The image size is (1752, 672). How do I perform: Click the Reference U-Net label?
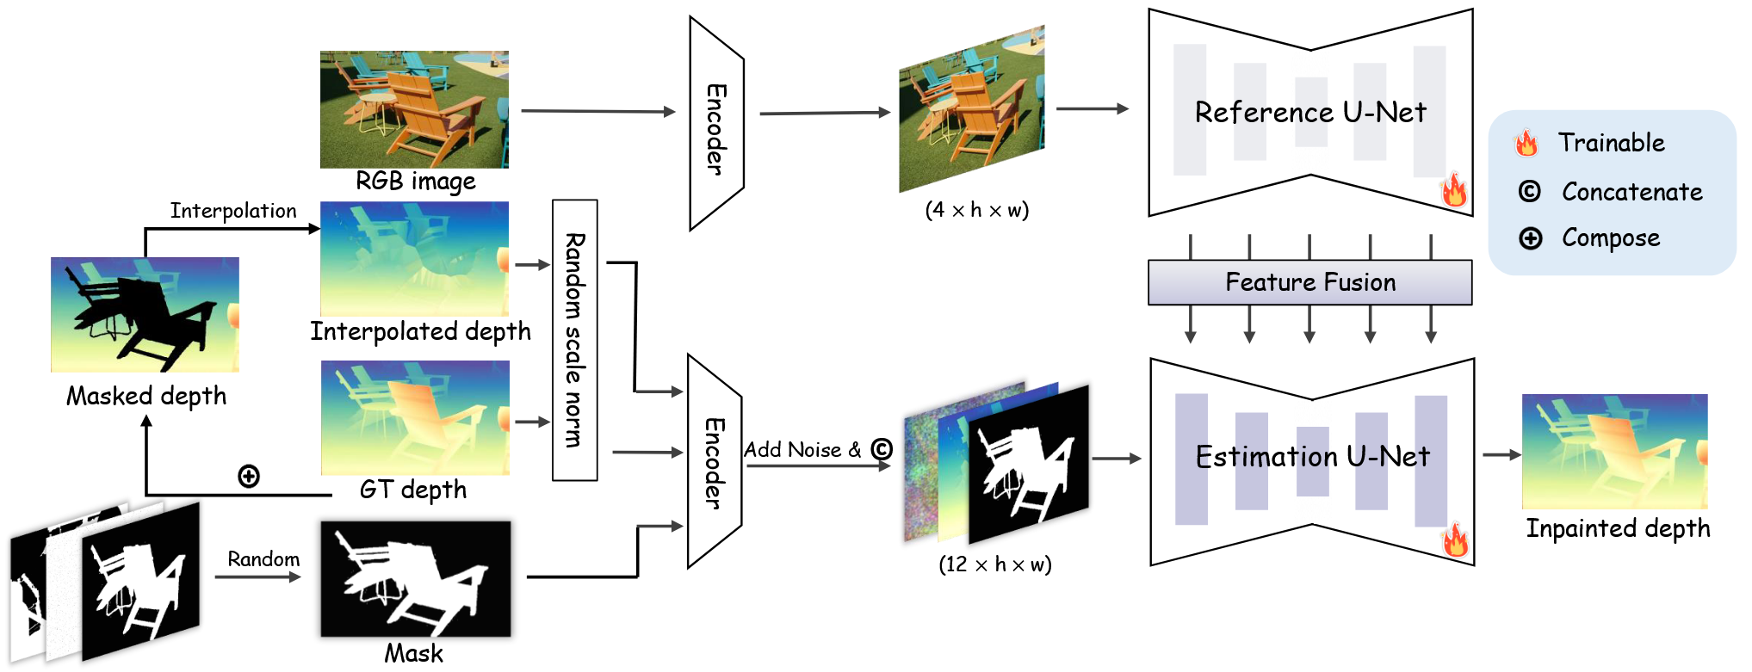pos(1310,112)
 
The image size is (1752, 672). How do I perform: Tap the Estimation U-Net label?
pos(1312,456)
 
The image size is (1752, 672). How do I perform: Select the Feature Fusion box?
pos(1309,282)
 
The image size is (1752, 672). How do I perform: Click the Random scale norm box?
pos(575,340)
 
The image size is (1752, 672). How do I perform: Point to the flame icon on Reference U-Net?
pos(1454,189)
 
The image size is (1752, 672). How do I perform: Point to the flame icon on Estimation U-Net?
pos(1455,539)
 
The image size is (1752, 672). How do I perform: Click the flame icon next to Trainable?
pos(1526,143)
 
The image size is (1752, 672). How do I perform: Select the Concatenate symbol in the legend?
pos(1529,191)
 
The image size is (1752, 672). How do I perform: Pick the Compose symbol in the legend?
pos(1530,238)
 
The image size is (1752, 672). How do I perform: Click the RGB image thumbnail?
pos(414,109)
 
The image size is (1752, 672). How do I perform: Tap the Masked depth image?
pos(145,314)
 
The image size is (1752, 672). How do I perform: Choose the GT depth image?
pos(415,417)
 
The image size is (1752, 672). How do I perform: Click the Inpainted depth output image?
pos(1614,451)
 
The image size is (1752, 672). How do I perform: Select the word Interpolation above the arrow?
pos(233,211)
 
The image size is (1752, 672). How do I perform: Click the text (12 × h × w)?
pos(995,564)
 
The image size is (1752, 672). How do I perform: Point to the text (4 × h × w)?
pos(977,210)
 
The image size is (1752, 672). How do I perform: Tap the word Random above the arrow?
pos(263,559)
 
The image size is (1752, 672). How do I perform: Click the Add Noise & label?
pos(802,450)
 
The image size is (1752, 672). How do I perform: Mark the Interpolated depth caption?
pos(421,331)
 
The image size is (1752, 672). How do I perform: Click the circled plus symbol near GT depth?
pos(249,476)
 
